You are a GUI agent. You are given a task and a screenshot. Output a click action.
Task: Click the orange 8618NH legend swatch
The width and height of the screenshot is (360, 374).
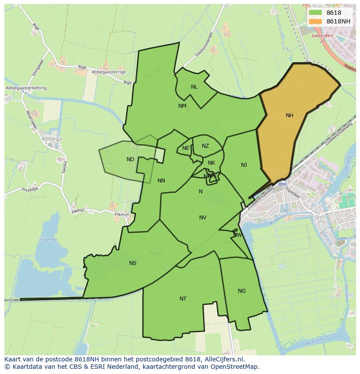315,21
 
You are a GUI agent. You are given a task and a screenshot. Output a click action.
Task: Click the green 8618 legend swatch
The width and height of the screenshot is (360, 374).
315,13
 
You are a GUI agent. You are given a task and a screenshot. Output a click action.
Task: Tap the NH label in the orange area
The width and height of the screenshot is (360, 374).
289,116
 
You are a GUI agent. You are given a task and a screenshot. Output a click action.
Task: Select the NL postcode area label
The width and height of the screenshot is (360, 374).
194,87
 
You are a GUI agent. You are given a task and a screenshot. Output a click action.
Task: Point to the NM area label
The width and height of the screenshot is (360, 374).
182,106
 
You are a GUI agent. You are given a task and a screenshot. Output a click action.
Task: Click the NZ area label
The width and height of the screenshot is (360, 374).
205,146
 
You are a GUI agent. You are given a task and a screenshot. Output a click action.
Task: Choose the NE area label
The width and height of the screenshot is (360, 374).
186,148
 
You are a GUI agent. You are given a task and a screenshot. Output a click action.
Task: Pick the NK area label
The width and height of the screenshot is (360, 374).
211,163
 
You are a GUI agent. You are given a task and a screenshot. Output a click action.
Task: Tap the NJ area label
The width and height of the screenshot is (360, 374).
244,165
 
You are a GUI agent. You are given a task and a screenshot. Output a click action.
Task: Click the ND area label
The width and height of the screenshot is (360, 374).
130,159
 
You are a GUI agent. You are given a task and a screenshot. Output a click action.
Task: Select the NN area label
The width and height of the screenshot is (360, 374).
161,181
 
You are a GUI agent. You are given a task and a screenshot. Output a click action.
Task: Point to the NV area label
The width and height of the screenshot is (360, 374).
203,218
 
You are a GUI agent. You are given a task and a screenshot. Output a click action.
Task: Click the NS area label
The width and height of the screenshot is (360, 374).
133,263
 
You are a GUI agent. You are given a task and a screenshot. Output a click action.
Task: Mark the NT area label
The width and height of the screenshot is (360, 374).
183,299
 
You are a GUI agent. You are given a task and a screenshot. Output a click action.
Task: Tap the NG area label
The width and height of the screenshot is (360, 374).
242,291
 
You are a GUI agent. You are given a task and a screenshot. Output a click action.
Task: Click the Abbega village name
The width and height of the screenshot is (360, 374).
52,139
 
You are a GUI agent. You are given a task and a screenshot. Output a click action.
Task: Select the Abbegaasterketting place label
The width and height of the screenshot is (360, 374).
26,88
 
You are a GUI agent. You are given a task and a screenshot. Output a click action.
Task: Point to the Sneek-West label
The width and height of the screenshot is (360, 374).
322,36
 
